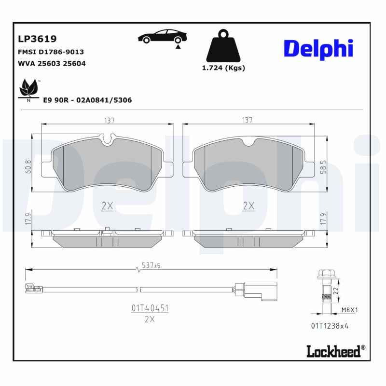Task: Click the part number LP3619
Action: coord(37,39)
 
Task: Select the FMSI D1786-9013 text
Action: coord(51,52)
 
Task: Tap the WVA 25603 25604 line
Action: coord(52,63)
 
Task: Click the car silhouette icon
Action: coord(162,38)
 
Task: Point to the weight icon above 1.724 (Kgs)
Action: coord(223,47)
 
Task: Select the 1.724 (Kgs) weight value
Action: coord(223,68)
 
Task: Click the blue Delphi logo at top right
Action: coord(318,49)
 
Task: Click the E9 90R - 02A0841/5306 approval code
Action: coord(87,100)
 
